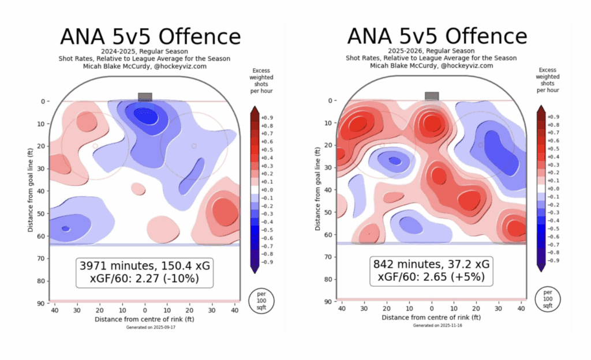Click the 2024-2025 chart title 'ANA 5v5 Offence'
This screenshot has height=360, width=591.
[150, 37]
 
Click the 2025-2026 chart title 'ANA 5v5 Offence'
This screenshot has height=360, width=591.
[436, 37]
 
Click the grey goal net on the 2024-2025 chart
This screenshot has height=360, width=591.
[145, 97]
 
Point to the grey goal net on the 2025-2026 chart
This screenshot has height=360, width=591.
[431, 96]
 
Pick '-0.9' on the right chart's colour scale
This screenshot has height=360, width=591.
[553, 260]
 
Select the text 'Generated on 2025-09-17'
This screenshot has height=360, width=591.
[145, 327]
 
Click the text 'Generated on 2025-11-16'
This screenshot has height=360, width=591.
[431, 325]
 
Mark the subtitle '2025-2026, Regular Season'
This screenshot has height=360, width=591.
[431, 51]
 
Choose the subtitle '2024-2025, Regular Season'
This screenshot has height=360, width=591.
[145, 51]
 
